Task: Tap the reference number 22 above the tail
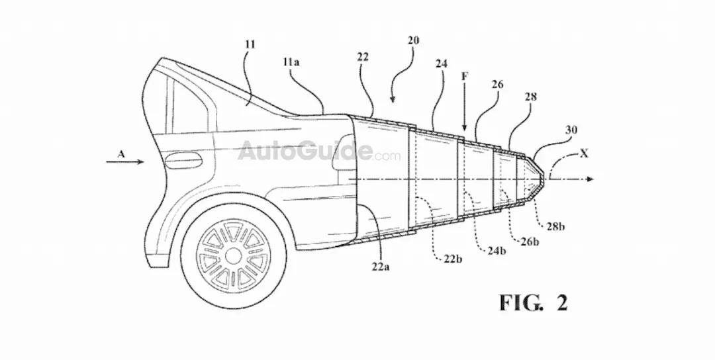coord(362,58)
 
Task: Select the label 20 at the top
coord(412,40)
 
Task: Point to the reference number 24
coord(442,65)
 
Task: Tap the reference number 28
coord(530,97)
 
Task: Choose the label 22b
coord(453,257)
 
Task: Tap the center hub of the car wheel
coord(233,253)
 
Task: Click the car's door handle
coord(182,159)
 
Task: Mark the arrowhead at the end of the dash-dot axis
coord(590,179)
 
